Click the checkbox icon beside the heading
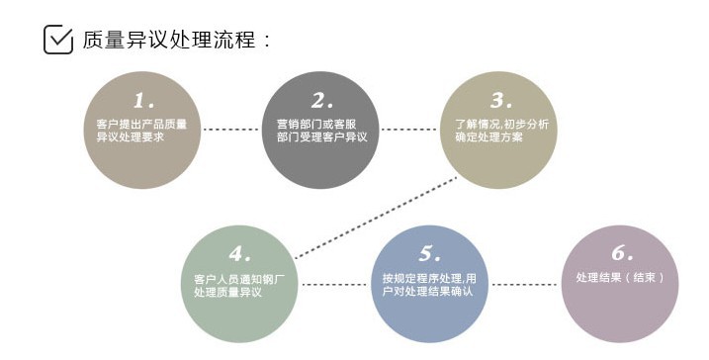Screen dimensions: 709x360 point(58,40)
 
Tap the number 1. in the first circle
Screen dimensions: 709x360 point(144,100)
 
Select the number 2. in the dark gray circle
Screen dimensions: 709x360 point(322,100)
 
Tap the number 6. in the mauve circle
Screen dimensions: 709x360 point(620,253)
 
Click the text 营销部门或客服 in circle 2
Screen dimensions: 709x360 point(321,124)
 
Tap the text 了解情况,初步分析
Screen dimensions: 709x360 point(501,124)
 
